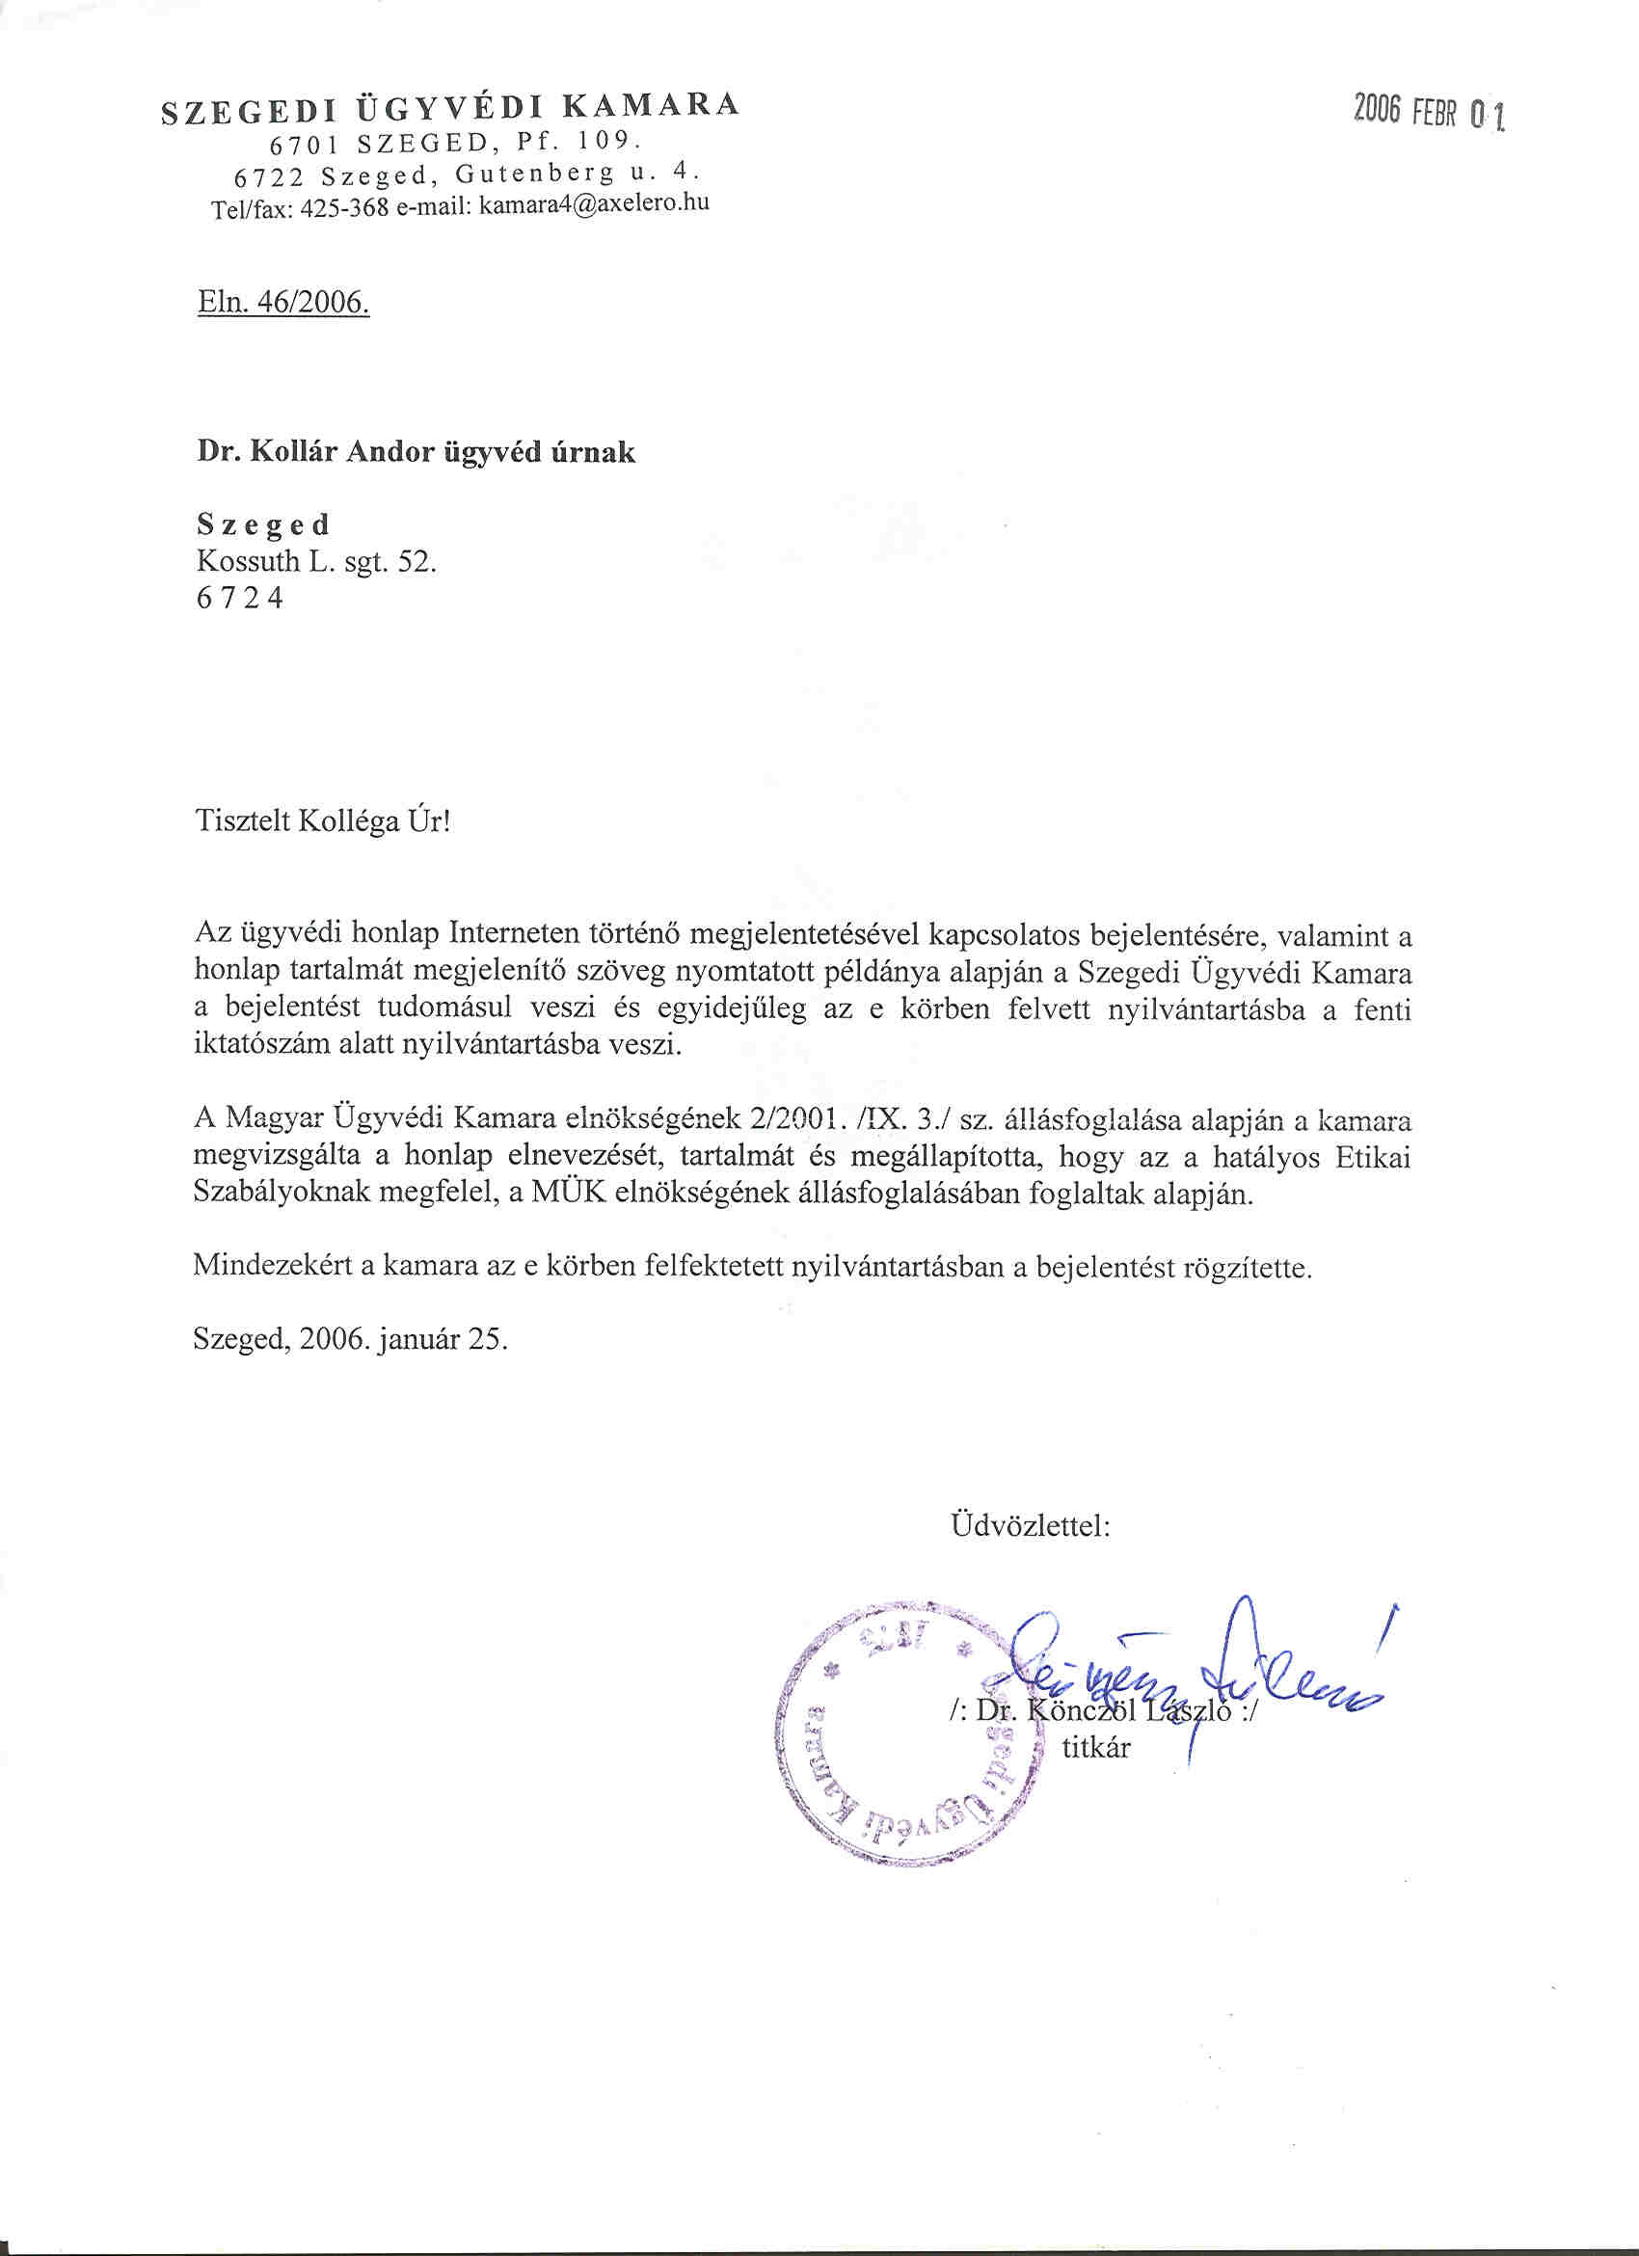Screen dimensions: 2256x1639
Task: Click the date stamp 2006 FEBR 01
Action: coord(1429,113)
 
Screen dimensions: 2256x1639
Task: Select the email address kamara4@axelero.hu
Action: coord(594,205)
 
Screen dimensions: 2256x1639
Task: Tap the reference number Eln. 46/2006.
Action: coord(283,303)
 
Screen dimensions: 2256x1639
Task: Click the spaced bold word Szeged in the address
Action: coord(263,524)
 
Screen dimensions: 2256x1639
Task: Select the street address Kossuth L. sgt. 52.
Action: coord(316,562)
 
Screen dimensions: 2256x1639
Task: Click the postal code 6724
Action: coord(240,599)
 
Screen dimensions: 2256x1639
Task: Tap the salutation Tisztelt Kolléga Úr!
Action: coord(323,822)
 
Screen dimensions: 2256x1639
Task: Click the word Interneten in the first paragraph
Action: coord(515,935)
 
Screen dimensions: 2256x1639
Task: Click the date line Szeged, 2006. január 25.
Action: coord(350,1340)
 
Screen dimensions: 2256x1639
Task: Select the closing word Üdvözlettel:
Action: coord(1031,1525)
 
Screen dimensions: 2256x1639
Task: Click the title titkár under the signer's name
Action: coord(1095,1748)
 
